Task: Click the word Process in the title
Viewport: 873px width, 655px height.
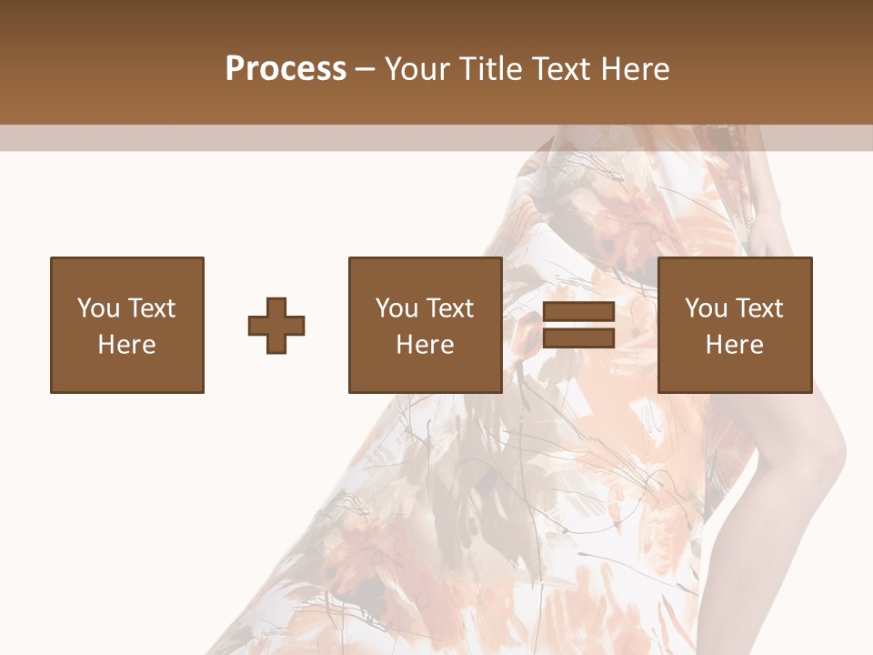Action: pos(286,69)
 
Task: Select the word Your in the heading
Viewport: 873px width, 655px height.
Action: pos(418,69)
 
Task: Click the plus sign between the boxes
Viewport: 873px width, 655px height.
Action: pos(276,326)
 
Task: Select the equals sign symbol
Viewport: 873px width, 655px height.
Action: pos(578,325)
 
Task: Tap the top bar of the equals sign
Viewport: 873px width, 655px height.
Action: pos(578,313)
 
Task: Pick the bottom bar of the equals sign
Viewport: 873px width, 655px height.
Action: pos(578,338)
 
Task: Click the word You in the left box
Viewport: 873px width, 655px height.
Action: pos(98,308)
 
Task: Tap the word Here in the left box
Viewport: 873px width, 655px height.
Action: pos(127,345)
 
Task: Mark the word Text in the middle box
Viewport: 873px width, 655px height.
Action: pos(449,308)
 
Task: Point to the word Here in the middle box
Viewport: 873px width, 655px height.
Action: pos(426,345)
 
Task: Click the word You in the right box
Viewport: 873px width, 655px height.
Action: pos(706,308)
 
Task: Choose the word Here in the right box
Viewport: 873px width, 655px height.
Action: pos(735,345)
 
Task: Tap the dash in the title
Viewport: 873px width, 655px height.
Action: pos(365,70)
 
